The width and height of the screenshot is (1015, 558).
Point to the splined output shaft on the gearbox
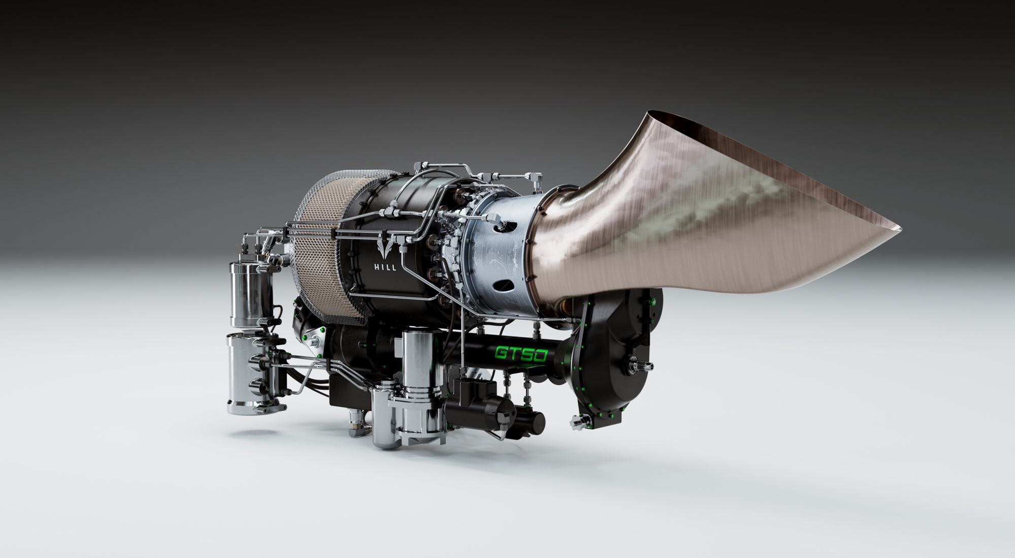click(635, 363)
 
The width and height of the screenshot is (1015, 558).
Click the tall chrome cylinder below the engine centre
click(416, 363)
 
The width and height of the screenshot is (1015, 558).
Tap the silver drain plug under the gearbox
click(578, 422)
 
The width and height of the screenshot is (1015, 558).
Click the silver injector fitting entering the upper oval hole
click(495, 219)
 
